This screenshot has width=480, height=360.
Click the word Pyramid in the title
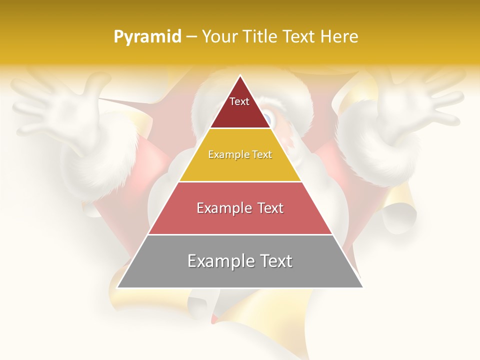147,37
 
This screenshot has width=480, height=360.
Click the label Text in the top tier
239,101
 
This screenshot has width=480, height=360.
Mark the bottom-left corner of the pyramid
117,287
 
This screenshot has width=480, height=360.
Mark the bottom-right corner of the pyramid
362,287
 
